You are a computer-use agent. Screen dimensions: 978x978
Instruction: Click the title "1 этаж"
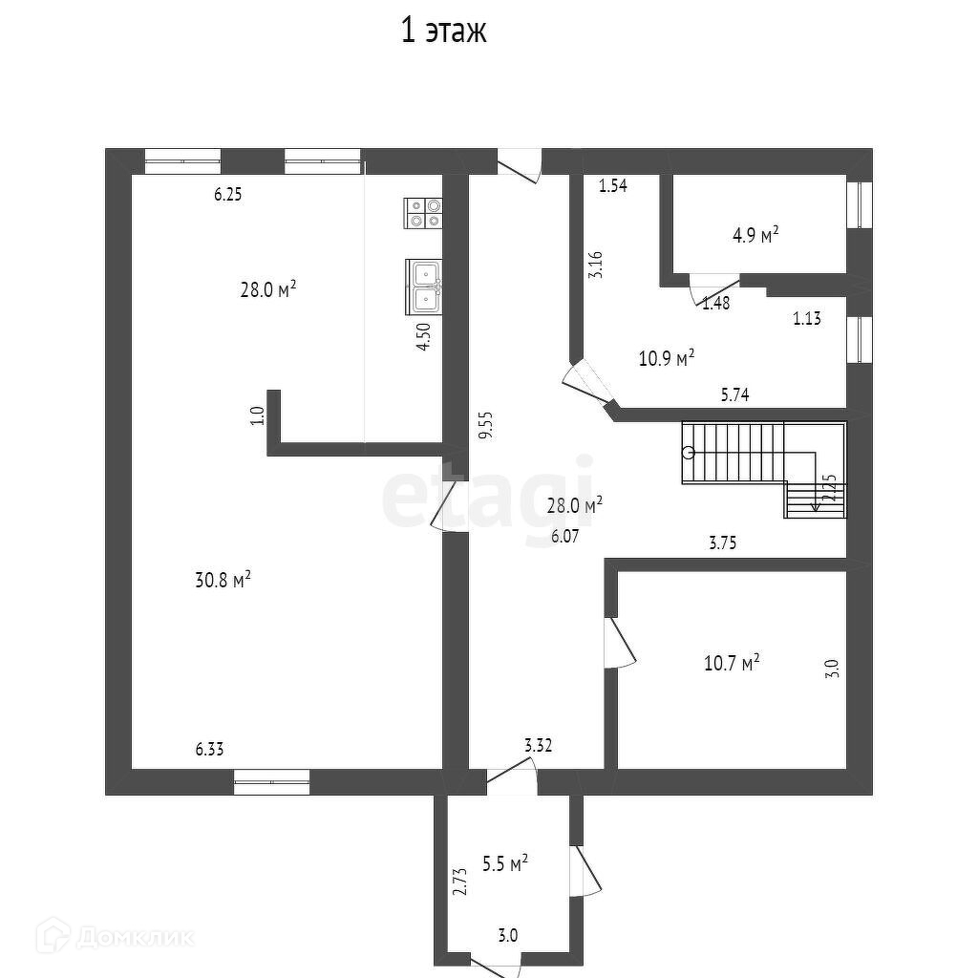pos(443,31)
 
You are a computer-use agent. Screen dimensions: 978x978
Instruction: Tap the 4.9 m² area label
pos(755,234)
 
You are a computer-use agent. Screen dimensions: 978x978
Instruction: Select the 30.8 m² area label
pos(223,580)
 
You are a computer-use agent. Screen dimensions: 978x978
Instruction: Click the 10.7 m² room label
pos(732,662)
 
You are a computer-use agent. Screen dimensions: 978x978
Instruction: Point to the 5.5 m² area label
pos(505,864)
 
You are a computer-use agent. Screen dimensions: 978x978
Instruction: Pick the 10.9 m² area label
pos(666,359)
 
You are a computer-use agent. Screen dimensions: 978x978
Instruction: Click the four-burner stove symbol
pos(423,212)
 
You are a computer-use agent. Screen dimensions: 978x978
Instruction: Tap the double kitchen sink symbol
pos(423,287)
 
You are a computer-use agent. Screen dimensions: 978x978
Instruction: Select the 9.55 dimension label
pos(485,425)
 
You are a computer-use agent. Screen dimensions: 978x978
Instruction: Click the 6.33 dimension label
pos(210,751)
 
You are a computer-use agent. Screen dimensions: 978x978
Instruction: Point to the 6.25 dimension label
pos(227,194)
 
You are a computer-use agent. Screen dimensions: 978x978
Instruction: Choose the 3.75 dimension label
pos(723,542)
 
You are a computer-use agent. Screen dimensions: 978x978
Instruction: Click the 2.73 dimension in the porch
pos(459,881)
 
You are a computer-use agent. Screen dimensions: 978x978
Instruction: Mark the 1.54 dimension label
pos(612,186)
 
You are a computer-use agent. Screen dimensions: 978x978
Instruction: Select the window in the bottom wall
pos(272,782)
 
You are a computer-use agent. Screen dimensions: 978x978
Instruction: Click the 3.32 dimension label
pos(538,744)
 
